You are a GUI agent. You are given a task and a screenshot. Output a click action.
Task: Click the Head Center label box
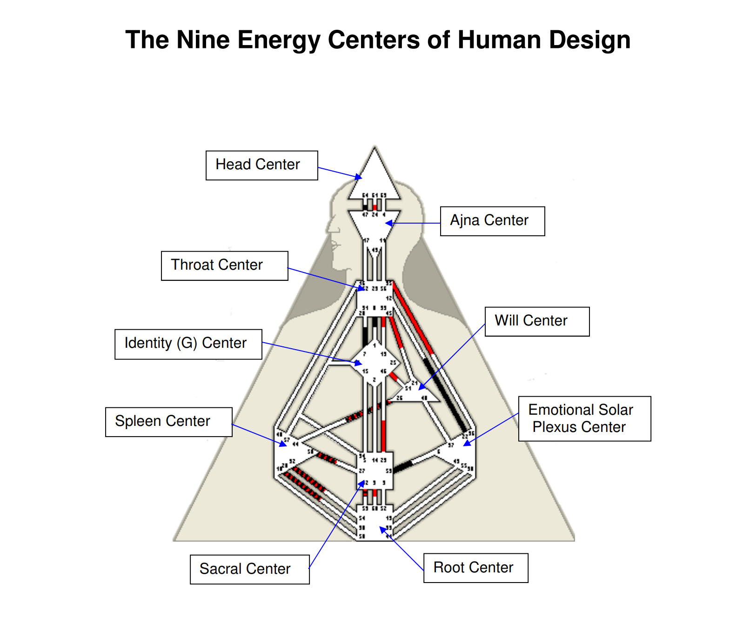tap(261, 165)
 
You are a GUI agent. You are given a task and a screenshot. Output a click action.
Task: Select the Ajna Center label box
tap(492, 221)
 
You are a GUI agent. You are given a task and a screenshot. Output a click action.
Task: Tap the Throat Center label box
tap(224, 265)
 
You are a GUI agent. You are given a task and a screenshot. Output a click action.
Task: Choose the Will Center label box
tap(536, 321)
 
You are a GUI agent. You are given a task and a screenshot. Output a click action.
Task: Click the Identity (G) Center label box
tap(188, 344)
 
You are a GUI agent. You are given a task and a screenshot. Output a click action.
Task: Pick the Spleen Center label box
tap(168, 422)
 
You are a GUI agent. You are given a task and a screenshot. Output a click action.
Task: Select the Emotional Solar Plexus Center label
tap(584, 418)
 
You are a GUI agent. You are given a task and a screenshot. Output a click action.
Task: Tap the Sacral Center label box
tap(249, 569)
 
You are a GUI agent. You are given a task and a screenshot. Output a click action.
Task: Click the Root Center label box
tap(475, 568)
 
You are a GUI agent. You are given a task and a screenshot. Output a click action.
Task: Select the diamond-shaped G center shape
tap(375, 363)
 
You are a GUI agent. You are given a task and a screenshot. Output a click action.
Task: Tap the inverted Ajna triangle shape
tap(375, 225)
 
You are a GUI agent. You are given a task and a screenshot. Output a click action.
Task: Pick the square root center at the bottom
tap(375, 523)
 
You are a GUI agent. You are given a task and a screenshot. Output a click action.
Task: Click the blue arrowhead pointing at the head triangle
tap(358, 177)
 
